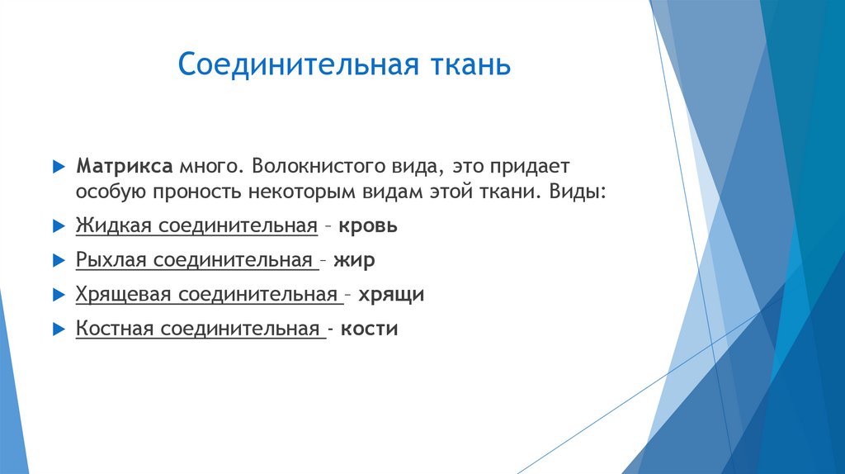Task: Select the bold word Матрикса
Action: [123, 165]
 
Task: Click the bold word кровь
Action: [370, 225]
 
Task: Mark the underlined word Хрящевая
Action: [121, 294]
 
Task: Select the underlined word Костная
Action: [115, 329]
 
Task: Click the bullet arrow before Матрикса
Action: [57, 165]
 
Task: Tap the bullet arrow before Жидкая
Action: [57, 225]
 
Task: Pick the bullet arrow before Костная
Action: [57, 329]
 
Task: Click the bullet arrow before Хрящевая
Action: [57, 294]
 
